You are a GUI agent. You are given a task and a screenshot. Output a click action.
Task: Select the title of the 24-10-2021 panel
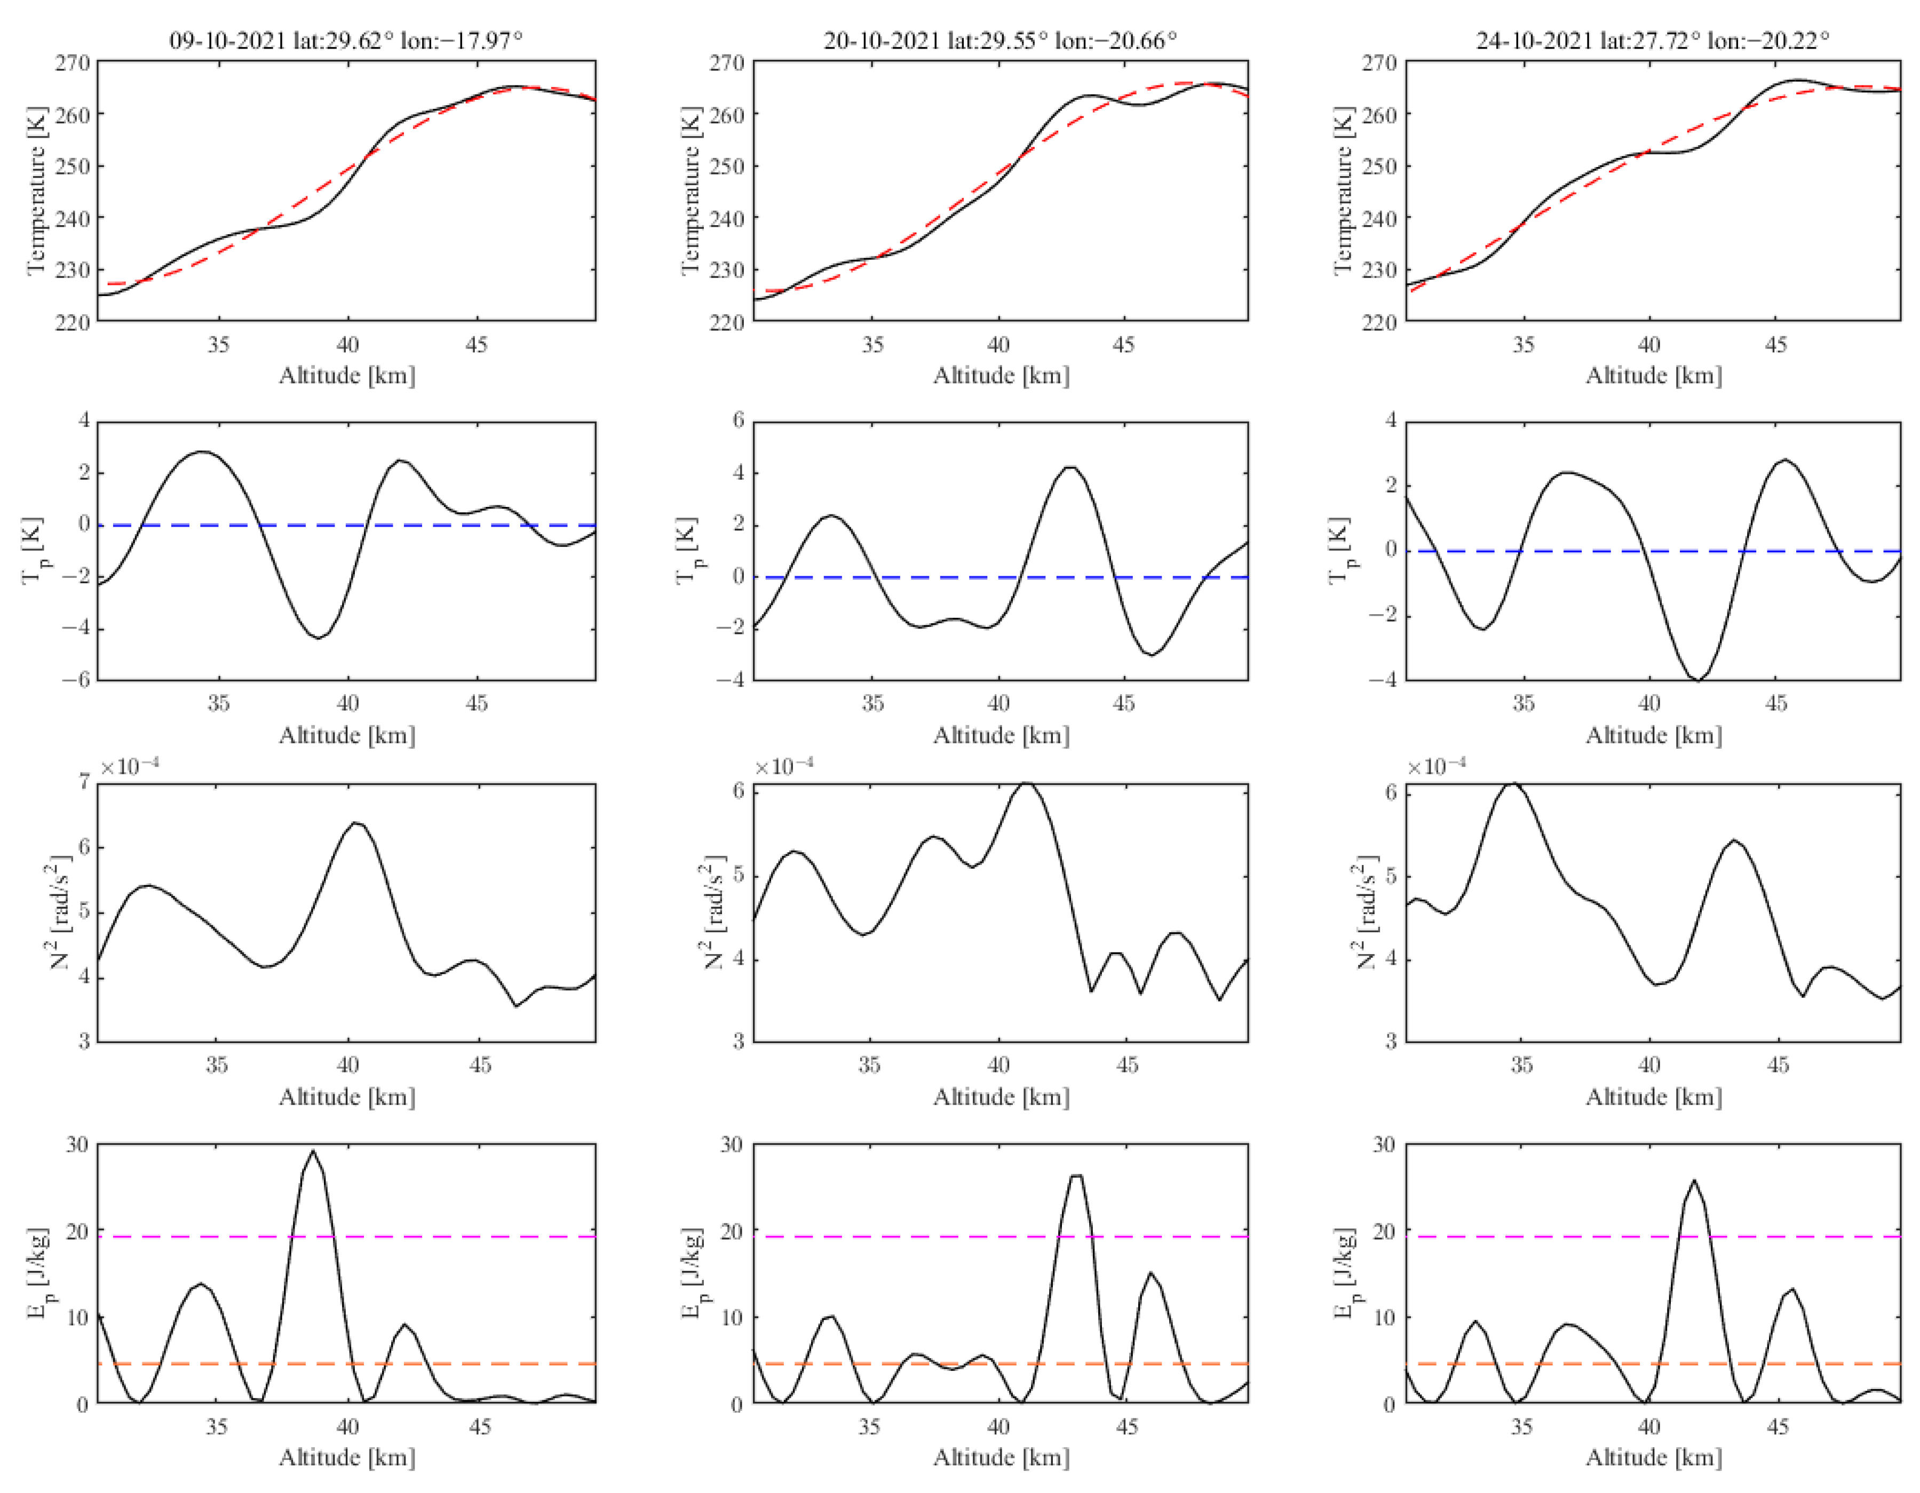coord(1653,41)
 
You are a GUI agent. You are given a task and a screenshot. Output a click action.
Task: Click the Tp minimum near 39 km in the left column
coord(318,638)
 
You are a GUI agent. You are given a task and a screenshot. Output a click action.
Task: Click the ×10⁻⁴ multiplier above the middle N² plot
coord(783,767)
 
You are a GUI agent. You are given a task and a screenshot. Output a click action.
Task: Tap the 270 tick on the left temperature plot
coord(73,63)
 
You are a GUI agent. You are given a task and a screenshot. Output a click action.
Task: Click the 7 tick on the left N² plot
coord(84,781)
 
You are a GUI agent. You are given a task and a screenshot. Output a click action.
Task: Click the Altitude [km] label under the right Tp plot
coord(1653,735)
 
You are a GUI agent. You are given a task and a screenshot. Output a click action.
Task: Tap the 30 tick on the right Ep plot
coord(1384,1145)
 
